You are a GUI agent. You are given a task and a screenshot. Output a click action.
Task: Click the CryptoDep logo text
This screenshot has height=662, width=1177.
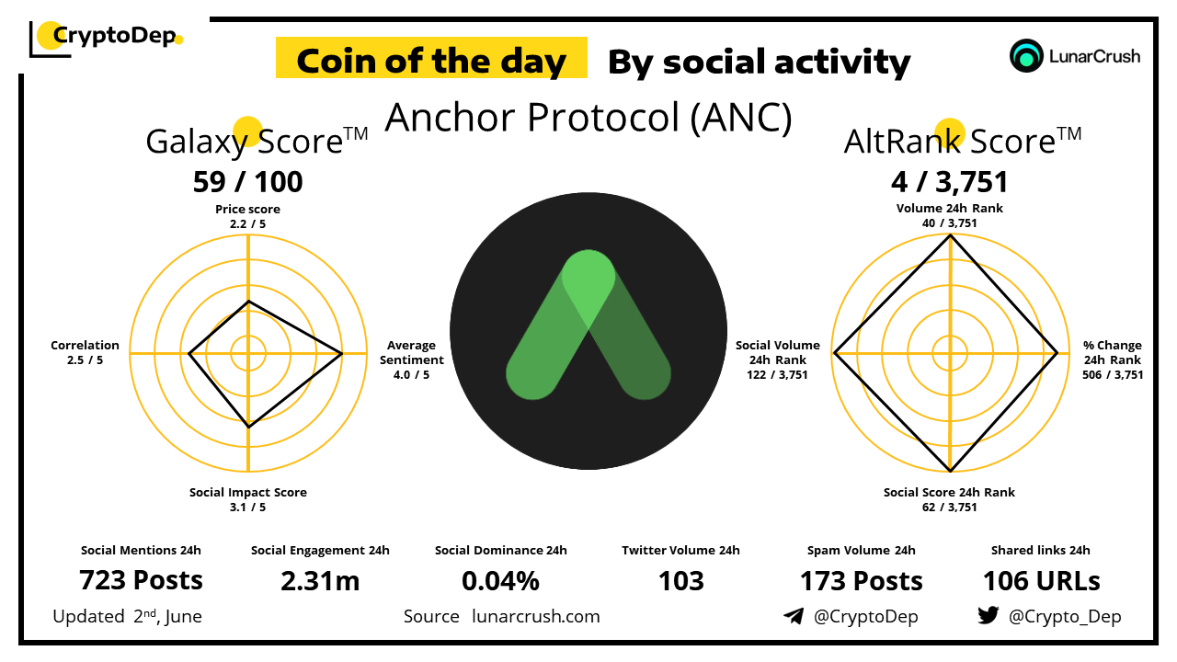click(115, 36)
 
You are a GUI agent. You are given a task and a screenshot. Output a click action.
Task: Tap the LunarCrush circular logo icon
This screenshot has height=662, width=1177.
click(1025, 56)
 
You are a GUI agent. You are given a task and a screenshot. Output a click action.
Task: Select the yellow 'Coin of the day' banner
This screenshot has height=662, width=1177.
click(431, 58)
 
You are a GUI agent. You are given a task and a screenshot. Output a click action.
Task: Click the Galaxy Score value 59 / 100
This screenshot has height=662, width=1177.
click(247, 182)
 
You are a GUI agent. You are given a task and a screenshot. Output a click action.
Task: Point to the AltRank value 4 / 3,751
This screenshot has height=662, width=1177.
click(950, 182)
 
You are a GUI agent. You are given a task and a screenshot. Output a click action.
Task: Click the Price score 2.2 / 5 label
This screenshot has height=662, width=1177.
click(247, 216)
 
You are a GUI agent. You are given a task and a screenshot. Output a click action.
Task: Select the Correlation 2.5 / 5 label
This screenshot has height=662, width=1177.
click(85, 352)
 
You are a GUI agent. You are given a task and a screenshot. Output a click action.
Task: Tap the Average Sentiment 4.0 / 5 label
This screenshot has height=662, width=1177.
click(411, 360)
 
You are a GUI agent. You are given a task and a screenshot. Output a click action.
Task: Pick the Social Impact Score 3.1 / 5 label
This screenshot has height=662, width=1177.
click(248, 499)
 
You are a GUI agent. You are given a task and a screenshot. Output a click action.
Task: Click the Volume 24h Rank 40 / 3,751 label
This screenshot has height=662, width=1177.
click(950, 215)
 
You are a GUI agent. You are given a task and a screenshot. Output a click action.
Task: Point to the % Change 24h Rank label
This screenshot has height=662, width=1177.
click(1113, 360)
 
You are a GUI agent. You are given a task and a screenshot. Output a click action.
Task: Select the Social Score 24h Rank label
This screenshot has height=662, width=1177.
click(949, 499)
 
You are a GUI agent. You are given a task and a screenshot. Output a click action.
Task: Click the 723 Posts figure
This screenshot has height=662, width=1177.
click(141, 580)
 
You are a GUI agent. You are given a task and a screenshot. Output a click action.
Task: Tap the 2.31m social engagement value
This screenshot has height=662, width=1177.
click(320, 581)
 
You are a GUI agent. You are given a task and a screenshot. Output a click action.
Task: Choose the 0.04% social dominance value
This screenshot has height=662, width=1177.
click(500, 581)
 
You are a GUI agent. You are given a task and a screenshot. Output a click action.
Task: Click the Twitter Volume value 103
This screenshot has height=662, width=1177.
click(681, 581)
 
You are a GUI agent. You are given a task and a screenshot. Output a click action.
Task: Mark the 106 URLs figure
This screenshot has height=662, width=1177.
click(1041, 581)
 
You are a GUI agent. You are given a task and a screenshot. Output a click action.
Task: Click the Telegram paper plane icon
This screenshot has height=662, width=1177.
click(794, 616)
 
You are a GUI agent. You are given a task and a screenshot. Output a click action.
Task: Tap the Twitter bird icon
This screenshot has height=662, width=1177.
click(988, 615)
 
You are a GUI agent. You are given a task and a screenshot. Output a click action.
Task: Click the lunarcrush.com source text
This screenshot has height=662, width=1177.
click(536, 616)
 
